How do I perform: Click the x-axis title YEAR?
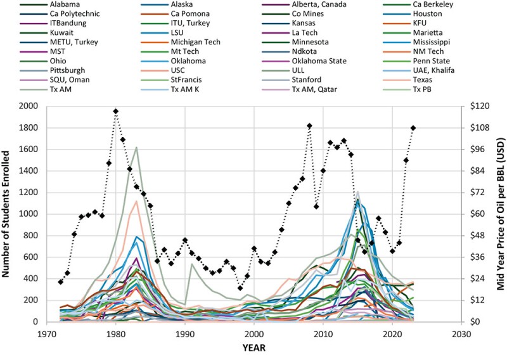253,347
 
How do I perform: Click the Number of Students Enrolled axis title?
8,214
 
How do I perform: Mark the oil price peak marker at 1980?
116,111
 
